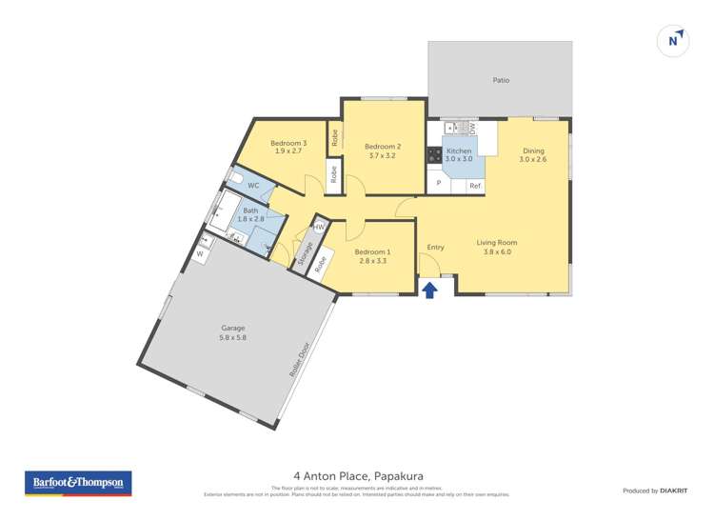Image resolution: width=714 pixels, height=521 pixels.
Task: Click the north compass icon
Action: pyautogui.click(x=674, y=41)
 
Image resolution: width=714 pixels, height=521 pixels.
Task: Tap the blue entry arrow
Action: pyautogui.click(x=430, y=289)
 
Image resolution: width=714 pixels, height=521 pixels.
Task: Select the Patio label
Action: pyautogui.click(x=500, y=81)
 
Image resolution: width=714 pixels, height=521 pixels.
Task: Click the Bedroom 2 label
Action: pyautogui.click(x=383, y=146)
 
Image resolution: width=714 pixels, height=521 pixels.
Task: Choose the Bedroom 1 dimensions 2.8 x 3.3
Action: pyautogui.click(x=371, y=261)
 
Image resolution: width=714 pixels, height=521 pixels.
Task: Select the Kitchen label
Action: pyautogui.click(x=459, y=150)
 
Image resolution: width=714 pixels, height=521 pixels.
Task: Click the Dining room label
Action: pyautogui.click(x=533, y=150)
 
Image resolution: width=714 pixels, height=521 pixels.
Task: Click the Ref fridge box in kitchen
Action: pyautogui.click(x=474, y=185)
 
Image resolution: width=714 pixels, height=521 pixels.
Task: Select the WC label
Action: pyautogui.click(x=253, y=185)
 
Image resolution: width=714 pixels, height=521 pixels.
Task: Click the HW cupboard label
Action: pyautogui.click(x=319, y=227)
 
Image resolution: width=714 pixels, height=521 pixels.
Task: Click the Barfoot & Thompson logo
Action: pyautogui.click(x=77, y=484)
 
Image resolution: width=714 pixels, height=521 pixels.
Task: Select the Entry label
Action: pyautogui.click(x=435, y=248)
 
